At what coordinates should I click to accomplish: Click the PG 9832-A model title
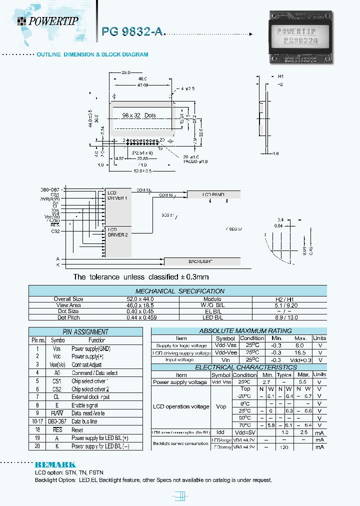(x=132, y=31)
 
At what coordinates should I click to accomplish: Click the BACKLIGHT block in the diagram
(x=201, y=261)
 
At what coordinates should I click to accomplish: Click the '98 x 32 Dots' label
(x=139, y=115)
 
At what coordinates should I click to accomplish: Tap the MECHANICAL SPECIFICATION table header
(x=179, y=291)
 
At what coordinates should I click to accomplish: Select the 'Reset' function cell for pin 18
(x=77, y=429)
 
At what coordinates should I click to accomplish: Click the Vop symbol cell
(x=221, y=406)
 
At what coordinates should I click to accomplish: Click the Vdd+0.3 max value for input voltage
(x=301, y=359)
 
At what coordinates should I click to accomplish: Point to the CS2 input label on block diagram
(x=55, y=231)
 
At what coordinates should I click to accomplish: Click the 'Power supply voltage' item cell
(x=180, y=382)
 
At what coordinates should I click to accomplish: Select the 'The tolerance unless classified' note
(x=141, y=277)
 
